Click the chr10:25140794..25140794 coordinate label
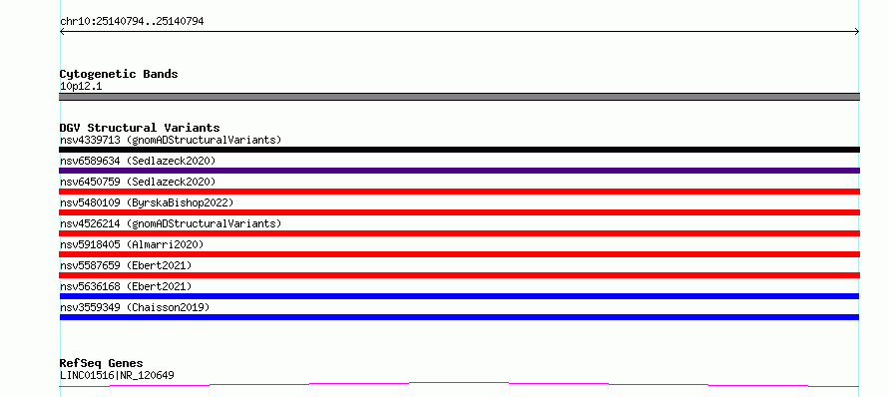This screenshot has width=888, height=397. point(132,22)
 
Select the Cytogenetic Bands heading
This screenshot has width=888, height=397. point(119,74)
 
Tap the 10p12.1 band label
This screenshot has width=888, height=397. point(81,87)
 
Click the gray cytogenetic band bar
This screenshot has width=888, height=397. point(459,97)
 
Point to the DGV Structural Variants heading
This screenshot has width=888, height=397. point(140,128)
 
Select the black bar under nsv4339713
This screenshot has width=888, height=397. point(459,150)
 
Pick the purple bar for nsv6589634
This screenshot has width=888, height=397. point(459,171)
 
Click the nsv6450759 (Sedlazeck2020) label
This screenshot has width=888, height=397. point(138,182)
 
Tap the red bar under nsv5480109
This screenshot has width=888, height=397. point(459,212)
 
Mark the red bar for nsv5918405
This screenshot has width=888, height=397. point(459,254)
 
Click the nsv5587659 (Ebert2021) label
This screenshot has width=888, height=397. point(126,265)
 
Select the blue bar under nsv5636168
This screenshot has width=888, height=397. point(459,296)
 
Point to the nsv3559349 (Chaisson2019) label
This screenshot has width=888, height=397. point(135,307)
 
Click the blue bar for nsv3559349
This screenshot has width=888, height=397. point(459,317)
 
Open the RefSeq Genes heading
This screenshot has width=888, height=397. point(102,364)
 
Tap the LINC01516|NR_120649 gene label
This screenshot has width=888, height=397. point(117,375)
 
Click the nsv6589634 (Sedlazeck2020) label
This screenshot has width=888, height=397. point(138,161)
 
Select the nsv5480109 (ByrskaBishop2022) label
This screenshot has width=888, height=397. point(147,202)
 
